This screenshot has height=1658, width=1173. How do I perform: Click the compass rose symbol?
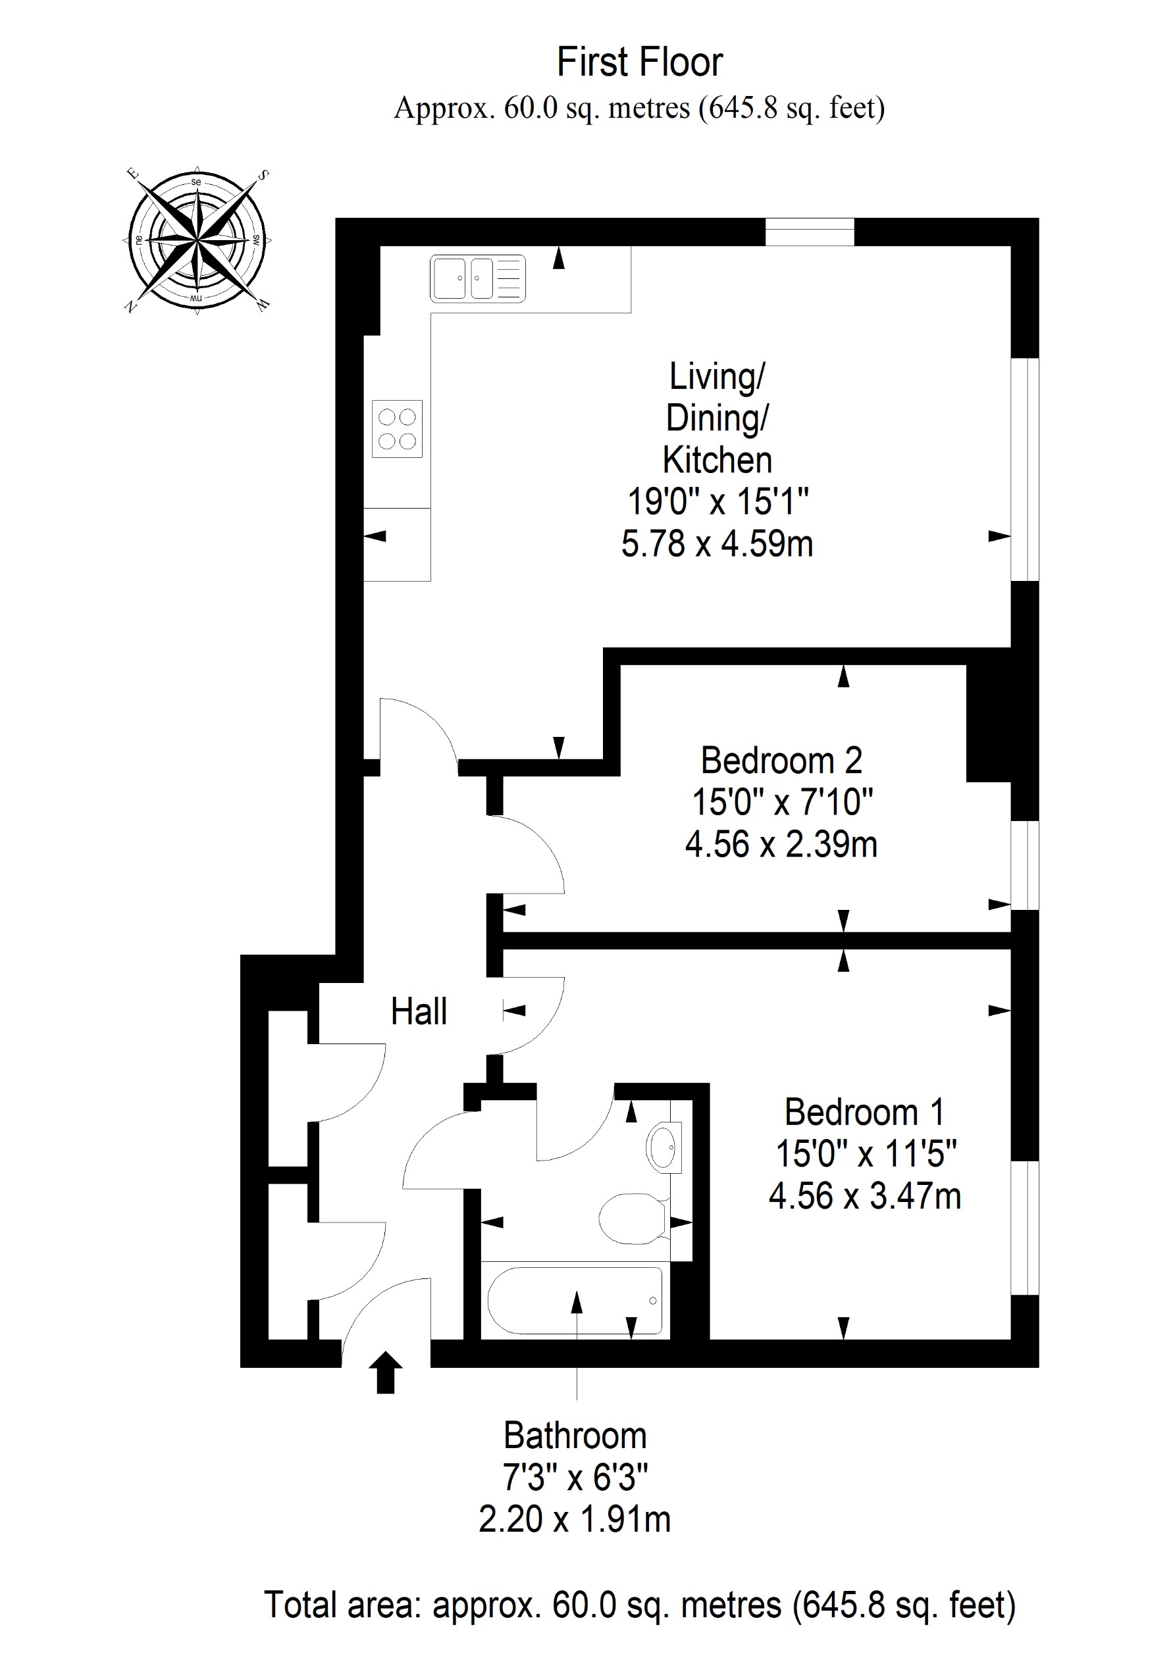pos(196,240)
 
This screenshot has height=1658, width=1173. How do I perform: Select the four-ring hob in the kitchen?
pos(398,429)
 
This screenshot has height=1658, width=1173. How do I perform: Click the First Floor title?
pos(639,62)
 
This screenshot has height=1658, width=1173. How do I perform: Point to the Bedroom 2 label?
pos(781,761)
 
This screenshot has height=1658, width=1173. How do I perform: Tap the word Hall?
pos(419,1011)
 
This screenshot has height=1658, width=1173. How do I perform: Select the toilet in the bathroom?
pos(633,1218)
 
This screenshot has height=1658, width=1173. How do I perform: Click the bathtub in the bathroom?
pos(575,1301)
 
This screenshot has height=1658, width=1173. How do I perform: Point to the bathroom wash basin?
pos(663,1146)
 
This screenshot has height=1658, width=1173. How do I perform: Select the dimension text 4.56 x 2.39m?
pos(781,844)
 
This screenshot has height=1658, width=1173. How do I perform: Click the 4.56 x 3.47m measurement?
pos(864,1196)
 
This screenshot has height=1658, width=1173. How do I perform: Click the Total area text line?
pos(640,1605)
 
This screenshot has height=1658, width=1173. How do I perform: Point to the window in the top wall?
pos(810,232)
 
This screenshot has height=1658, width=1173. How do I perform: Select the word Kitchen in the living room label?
pos(717,460)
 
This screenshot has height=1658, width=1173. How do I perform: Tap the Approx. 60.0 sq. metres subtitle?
pos(639,109)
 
